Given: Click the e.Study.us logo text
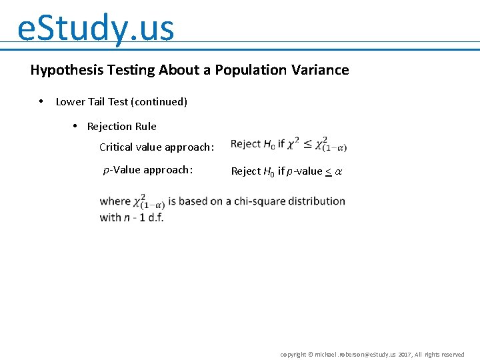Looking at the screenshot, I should (95, 28).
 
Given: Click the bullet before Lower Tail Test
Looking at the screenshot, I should (41, 101).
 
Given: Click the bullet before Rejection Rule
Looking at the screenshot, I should (75, 126).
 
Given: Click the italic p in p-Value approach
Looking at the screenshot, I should (106, 171).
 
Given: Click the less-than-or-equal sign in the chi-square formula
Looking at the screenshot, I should (308, 144).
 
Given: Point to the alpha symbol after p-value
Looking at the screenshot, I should (338, 171).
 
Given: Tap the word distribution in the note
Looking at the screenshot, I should (319, 201).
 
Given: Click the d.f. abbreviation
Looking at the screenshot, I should (155, 217).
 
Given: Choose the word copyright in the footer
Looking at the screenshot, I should (293, 355).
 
